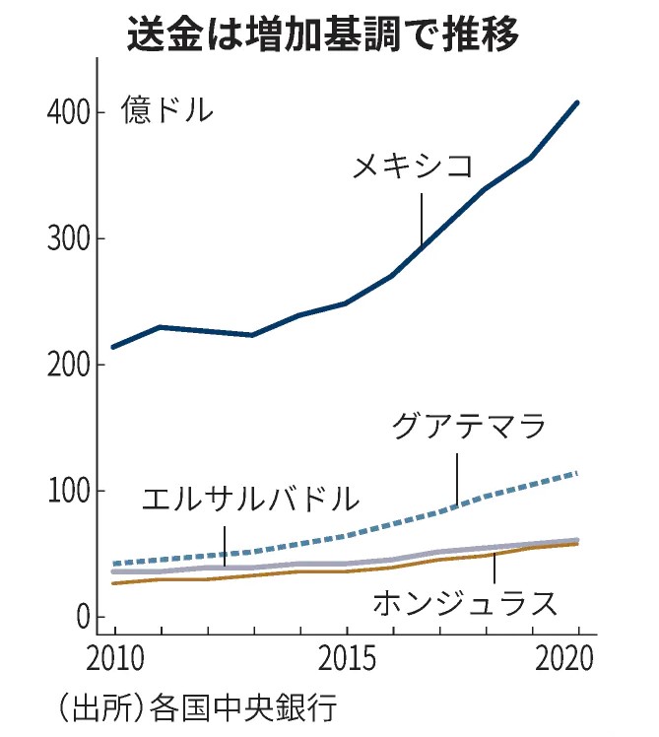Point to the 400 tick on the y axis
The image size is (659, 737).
tap(69, 112)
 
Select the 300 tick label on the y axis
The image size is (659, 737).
tap(69, 238)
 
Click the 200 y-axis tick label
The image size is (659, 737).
tap(69, 365)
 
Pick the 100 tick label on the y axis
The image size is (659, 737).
tap(69, 491)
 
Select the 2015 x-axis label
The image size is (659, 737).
tap(346, 656)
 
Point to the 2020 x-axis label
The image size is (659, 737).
tap(576, 656)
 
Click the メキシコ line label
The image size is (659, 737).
tap(413, 167)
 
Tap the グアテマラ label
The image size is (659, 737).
tap(468, 428)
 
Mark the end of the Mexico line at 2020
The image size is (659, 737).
tap(577, 102)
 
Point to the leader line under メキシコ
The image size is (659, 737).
tap(422, 217)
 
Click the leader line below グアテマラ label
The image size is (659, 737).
tap(457, 480)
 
